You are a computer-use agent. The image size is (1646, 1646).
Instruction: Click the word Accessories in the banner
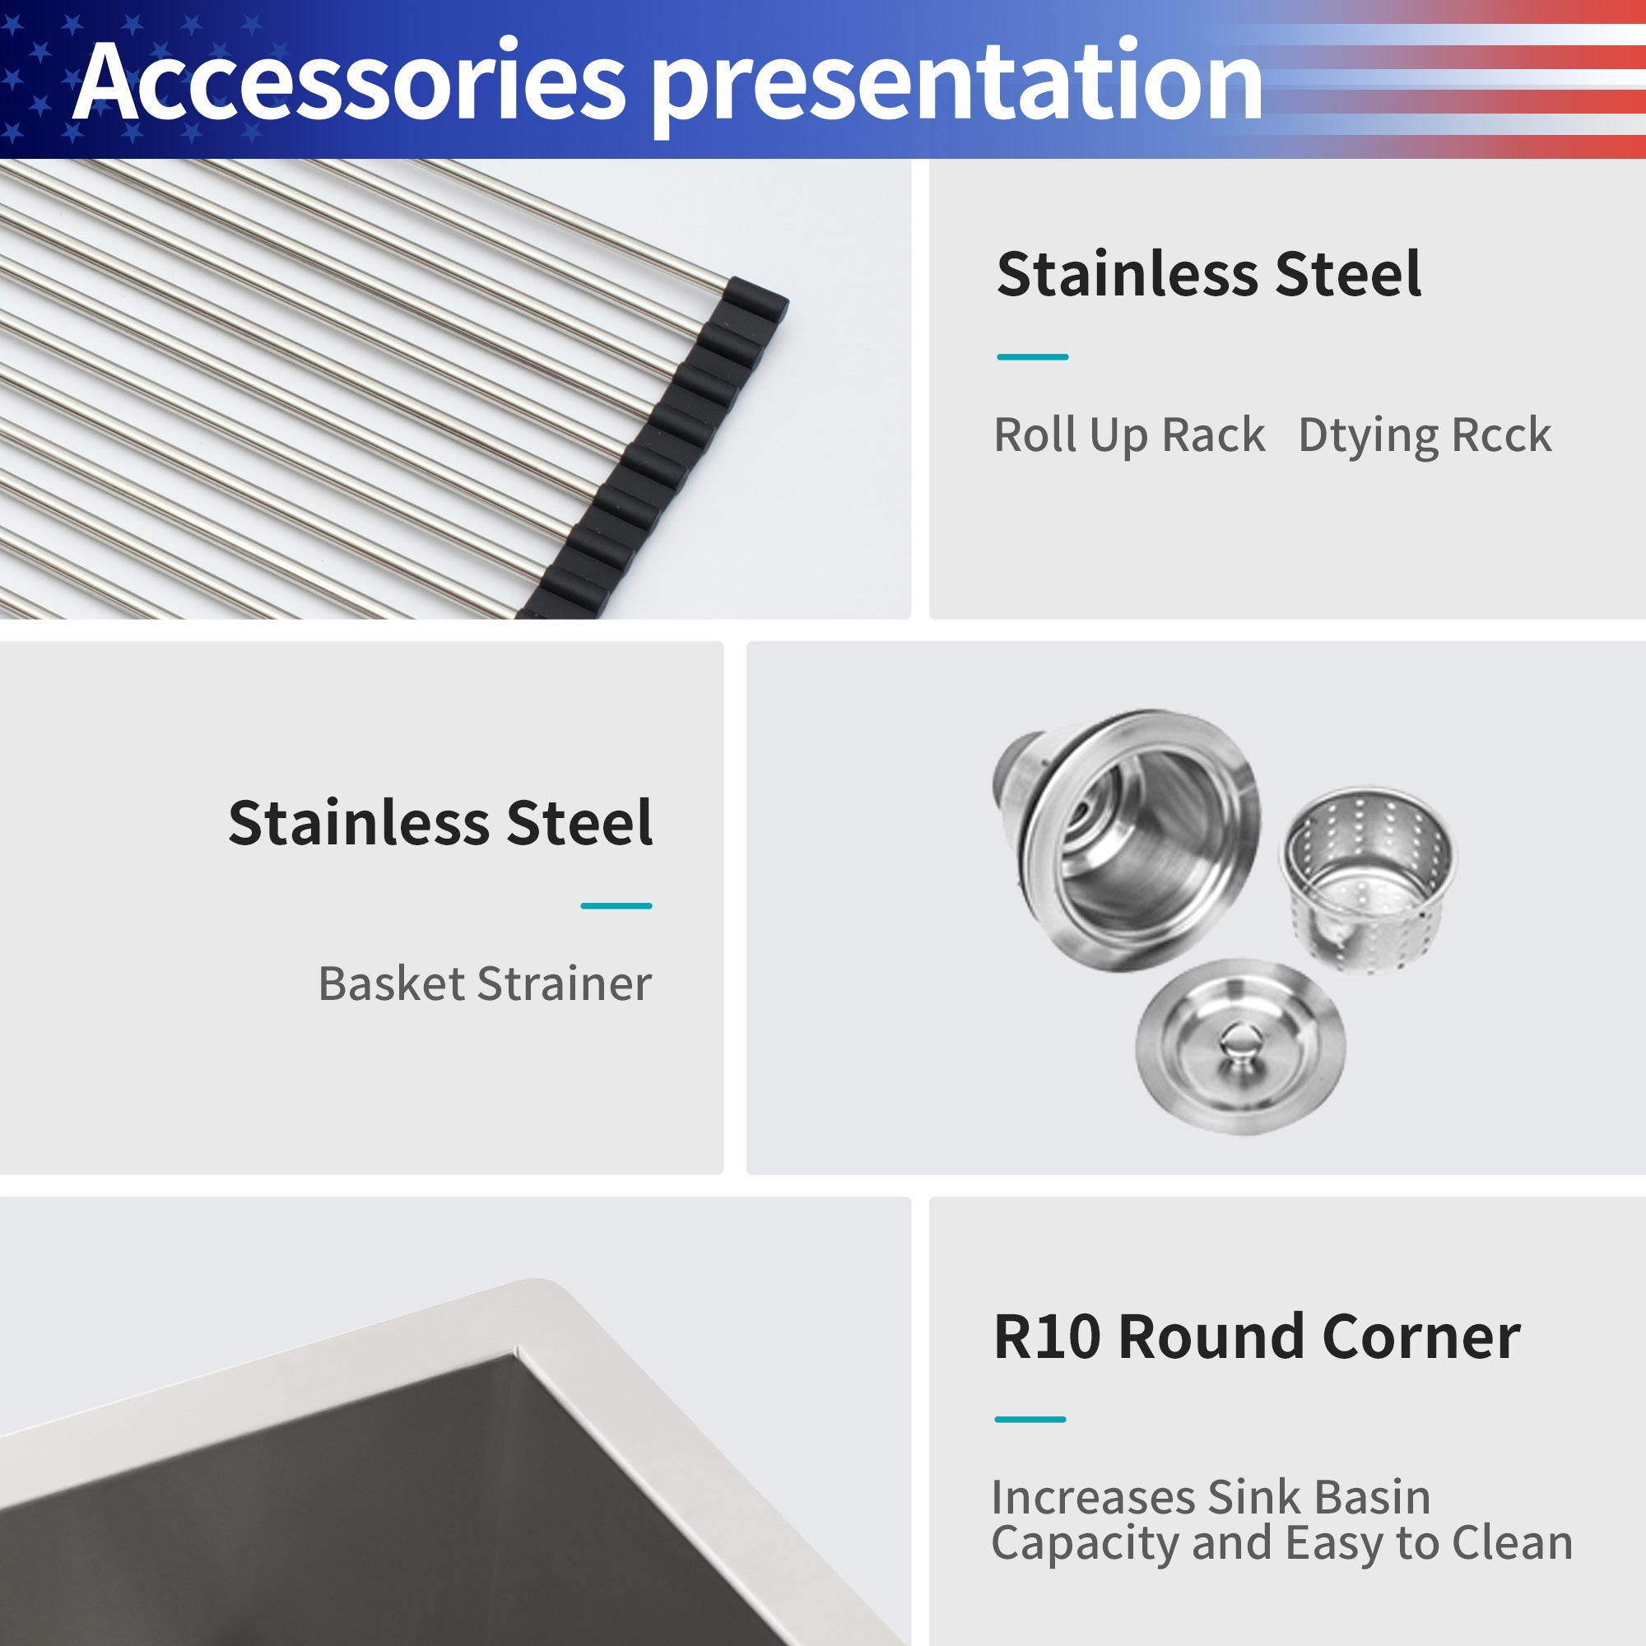(348, 81)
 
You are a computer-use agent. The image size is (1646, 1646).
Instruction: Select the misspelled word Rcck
(1501, 435)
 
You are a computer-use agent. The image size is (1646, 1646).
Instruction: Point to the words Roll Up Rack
(1129, 436)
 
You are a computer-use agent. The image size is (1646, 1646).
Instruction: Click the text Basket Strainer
(484, 984)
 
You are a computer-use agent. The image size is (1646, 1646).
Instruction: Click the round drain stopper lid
(1239, 1047)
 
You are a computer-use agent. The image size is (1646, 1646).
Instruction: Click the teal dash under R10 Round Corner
(1030, 1420)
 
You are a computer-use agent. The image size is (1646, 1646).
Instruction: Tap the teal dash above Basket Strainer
(616, 905)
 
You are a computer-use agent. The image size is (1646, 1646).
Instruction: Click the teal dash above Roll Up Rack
(1033, 357)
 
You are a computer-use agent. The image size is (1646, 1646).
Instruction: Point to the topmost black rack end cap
(755, 307)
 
